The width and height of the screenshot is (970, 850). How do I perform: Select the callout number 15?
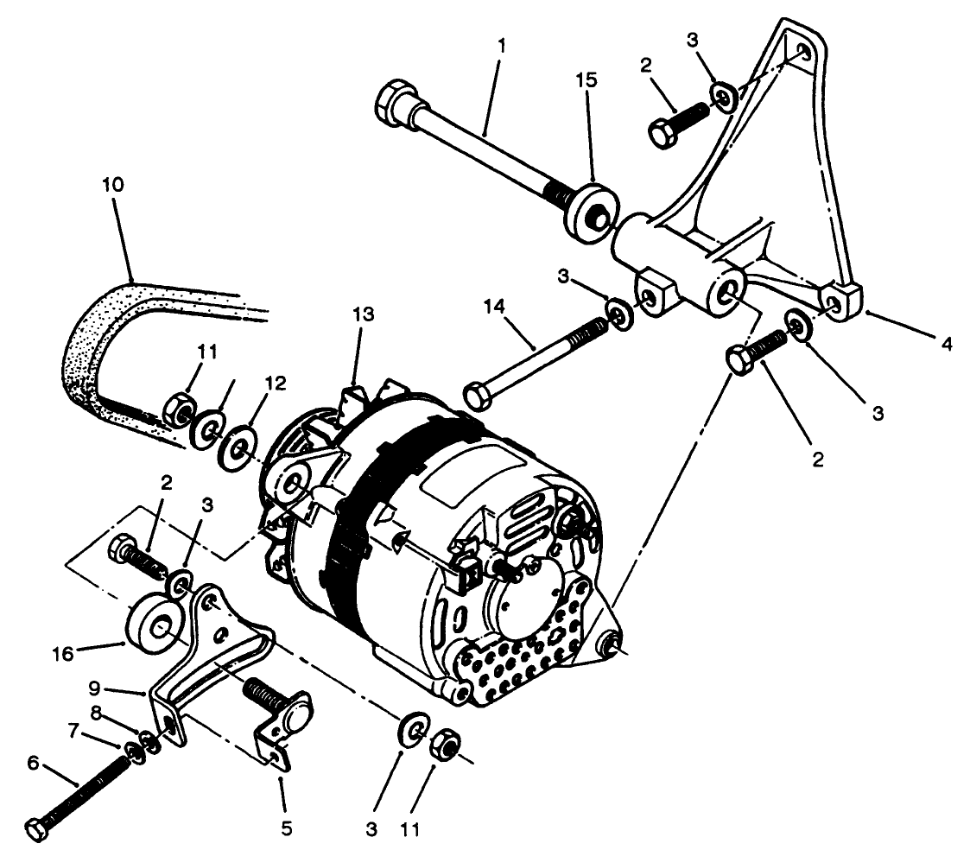[x=586, y=79]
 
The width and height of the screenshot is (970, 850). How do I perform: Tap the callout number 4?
[x=948, y=344]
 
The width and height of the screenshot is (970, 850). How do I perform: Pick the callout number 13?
[x=364, y=314]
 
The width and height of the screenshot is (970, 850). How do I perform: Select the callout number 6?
[x=34, y=762]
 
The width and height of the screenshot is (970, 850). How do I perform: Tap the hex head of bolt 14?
[x=478, y=396]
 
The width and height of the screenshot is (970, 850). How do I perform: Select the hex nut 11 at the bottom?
[x=447, y=744]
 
